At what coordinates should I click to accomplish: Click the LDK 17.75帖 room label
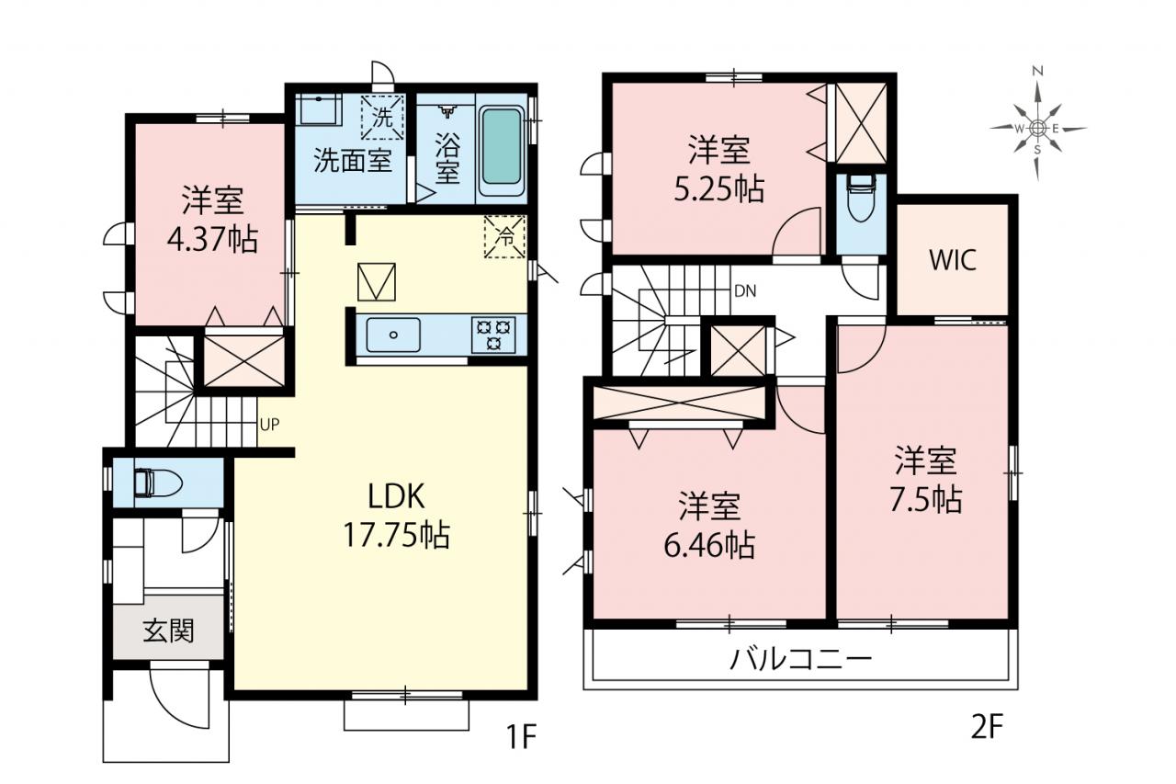(x=396, y=517)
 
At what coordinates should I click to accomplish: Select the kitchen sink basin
(x=393, y=335)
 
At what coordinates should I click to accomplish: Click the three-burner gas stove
(x=493, y=335)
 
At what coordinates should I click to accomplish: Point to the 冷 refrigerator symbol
(x=504, y=236)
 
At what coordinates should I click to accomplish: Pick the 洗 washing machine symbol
(x=383, y=119)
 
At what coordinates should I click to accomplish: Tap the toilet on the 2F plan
(x=861, y=199)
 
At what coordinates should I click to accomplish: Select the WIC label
(x=953, y=260)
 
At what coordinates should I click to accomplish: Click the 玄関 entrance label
(x=169, y=631)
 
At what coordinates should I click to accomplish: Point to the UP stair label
(x=269, y=425)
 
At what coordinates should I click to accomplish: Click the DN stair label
(x=745, y=291)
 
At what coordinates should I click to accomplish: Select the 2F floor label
(x=987, y=727)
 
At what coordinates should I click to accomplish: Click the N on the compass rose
(x=1037, y=71)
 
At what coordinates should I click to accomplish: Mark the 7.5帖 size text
(x=925, y=499)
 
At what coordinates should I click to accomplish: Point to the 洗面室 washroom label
(x=353, y=160)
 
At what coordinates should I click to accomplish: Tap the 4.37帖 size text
(x=212, y=240)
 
